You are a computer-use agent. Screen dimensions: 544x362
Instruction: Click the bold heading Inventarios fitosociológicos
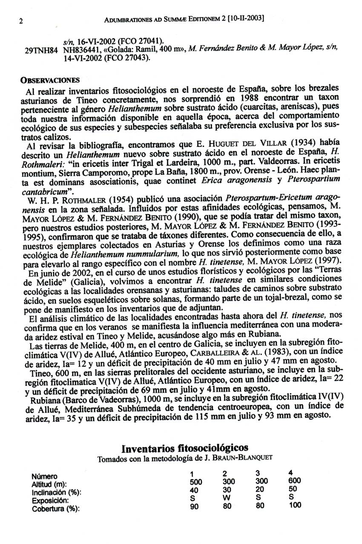coord(185,449)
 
